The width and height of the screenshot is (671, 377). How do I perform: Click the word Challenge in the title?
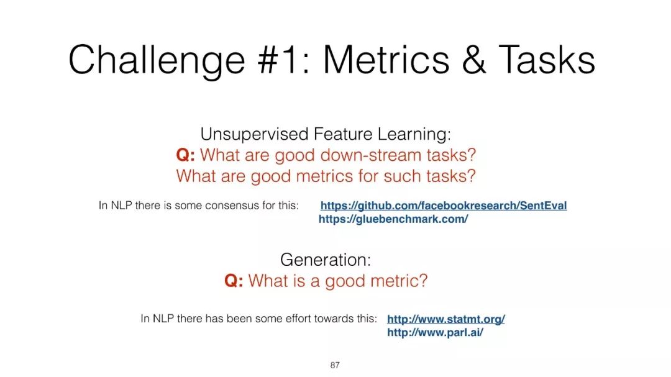pyautogui.click(x=157, y=61)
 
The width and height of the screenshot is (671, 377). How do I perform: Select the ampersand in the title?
pyautogui.click(x=473, y=60)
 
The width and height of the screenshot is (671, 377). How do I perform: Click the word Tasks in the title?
pyautogui.click(x=547, y=60)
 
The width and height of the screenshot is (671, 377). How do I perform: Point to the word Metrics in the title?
pyautogui.click(x=386, y=60)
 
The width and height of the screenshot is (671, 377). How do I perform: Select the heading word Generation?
pyautogui.click(x=326, y=260)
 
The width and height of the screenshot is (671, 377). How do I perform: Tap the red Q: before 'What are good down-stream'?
pyautogui.click(x=185, y=155)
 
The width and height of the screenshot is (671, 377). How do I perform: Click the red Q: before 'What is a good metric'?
pyautogui.click(x=234, y=281)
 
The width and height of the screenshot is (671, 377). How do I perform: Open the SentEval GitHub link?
pyautogui.click(x=444, y=206)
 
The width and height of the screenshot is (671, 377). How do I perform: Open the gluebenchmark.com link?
pyautogui.click(x=393, y=219)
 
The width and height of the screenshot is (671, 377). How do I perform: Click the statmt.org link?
pyautogui.click(x=446, y=319)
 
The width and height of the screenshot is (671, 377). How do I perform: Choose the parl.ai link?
pyautogui.click(x=435, y=332)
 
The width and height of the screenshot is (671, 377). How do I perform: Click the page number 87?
pyautogui.click(x=335, y=365)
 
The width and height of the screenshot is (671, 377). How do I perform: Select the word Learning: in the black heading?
pyautogui.click(x=414, y=135)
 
